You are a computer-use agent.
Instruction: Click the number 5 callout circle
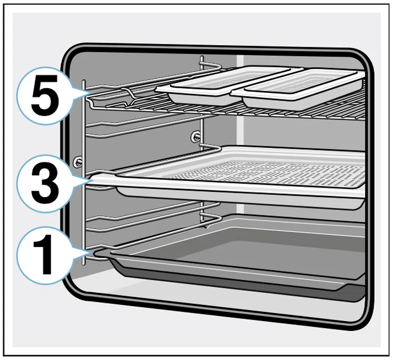(45, 96)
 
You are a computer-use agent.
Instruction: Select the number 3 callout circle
(45, 183)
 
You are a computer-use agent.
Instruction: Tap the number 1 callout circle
(45, 255)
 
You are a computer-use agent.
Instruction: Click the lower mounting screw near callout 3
(77, 162)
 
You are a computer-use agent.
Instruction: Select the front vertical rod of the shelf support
(84, 172)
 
